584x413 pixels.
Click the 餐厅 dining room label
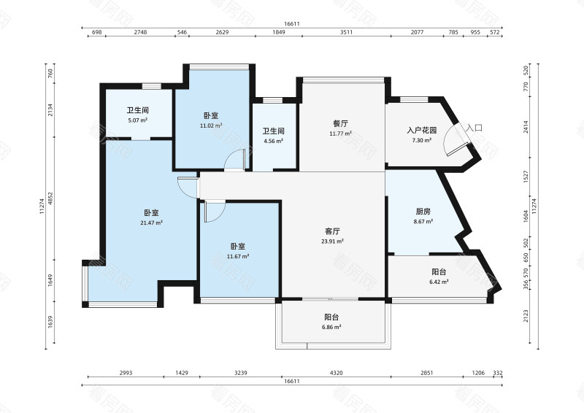coord(340,123)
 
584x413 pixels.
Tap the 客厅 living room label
coord(332,231)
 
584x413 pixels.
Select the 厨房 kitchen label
coord(423,212)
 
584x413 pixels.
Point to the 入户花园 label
coord(422,131)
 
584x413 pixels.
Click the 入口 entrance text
coord(474,128)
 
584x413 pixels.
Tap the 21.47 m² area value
coord(151,223)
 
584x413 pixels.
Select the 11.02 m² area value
coord(211,126)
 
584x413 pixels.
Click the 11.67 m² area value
coord(238,256)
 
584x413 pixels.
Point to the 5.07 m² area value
coord(138,120)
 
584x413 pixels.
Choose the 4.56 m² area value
coord(273,141)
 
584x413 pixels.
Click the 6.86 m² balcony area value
coord(331,327)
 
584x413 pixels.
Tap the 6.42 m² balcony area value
coord(439,282)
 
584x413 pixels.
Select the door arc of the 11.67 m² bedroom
coord(219,216)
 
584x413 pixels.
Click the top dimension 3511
coord(346,32)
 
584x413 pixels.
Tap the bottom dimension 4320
coord(337,373)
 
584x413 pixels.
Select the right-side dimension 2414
coord(526,127)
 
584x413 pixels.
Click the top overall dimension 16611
coord(292,24)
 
